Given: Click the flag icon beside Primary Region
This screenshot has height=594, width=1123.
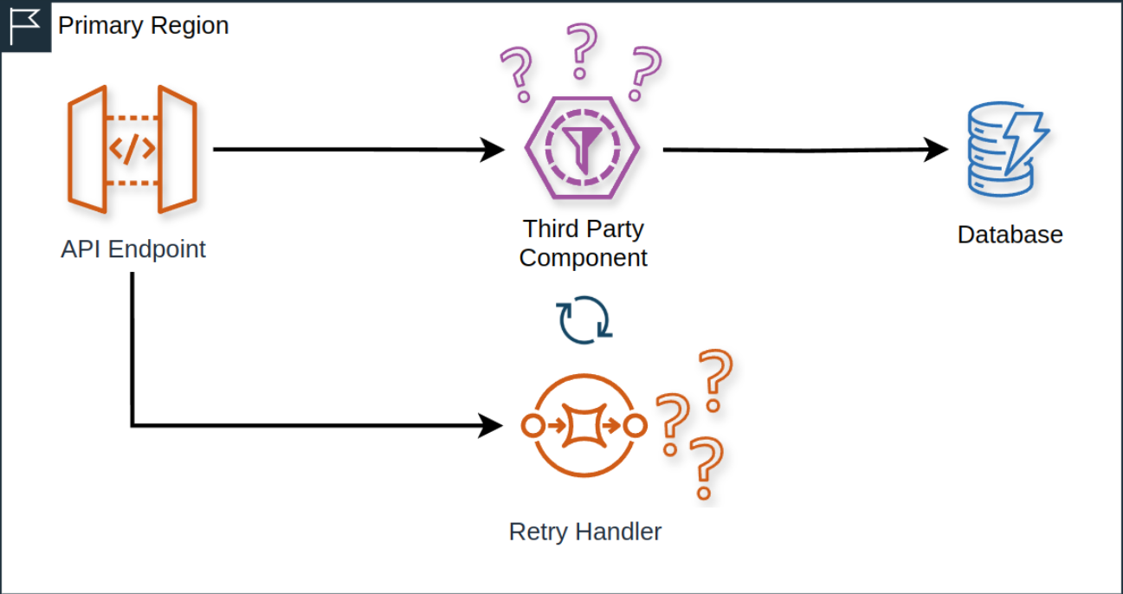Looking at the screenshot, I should click(25, 26).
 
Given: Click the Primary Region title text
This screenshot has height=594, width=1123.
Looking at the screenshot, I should click(144, 26).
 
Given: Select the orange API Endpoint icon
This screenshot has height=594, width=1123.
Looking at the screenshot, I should click(132, 149).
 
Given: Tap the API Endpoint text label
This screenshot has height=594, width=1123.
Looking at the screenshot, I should click(133, 249).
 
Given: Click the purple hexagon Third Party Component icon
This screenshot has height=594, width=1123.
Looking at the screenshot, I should click(583, 148).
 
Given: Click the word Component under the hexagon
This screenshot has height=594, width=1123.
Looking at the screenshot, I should click(583, 258).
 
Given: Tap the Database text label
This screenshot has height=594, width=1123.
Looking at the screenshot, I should click(1010, 235).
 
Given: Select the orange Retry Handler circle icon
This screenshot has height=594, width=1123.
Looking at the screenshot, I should click(584, 426).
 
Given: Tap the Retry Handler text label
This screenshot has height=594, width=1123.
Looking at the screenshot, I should click(585, 532).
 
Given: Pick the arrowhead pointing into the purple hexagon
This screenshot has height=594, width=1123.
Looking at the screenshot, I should click(494, 149).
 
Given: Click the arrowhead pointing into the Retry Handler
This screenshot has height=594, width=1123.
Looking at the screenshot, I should click(492, 425).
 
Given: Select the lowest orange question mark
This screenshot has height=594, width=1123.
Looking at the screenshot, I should click(706, 468).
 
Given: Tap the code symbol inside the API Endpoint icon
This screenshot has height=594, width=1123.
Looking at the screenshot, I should click(132, 149).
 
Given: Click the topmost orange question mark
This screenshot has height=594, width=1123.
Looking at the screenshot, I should click(715, 379).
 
